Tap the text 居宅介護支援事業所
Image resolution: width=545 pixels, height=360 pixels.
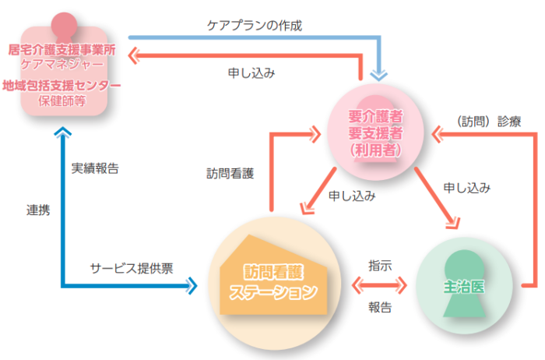click(62, 49)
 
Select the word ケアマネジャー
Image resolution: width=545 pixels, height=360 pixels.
click(62, 63)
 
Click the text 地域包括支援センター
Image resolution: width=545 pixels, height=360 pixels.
click(62, 85)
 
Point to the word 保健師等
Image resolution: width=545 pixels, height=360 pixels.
click(62, 100)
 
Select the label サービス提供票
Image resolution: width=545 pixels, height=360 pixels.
click(132, 267)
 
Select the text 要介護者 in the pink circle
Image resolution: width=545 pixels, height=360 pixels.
click(375, 116)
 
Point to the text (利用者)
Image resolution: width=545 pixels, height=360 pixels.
click(375, 149)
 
